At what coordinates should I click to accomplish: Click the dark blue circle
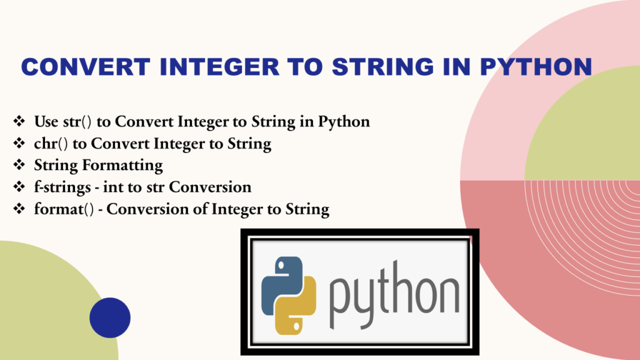tap(110, 318)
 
